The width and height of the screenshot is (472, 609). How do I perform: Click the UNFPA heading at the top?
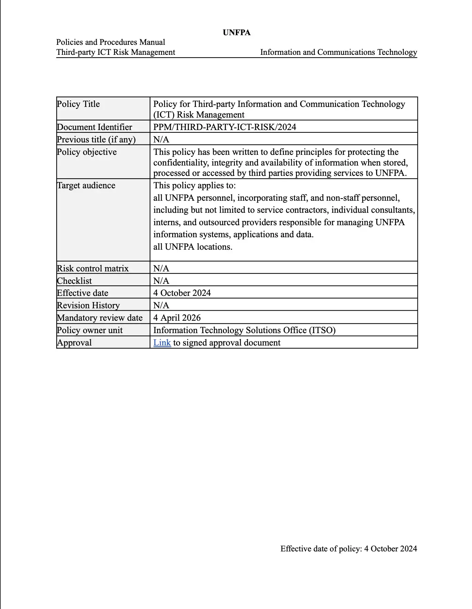click(236, 33)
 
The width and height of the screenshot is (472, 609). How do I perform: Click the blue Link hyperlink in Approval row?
click(162, 342)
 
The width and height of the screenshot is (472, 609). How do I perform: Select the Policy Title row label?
click(78, 104)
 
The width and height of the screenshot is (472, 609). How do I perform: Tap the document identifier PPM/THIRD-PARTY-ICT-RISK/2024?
click(225, 127)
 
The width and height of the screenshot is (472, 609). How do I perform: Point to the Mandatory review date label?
click(100, 318)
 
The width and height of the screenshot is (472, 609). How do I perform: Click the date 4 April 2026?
click(177, 318)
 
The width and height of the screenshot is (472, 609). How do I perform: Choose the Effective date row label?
click(83, 293)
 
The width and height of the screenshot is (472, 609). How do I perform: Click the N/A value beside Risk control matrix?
click(161, 268)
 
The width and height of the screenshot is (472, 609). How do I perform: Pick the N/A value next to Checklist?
click(161, 281)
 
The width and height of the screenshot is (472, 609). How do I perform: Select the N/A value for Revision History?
click(161, 305)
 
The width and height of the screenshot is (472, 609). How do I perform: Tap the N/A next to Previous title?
click(161, 139)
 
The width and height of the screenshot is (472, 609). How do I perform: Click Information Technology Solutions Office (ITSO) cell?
click(244, 330)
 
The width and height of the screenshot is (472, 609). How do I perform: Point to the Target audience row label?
click(86, 186)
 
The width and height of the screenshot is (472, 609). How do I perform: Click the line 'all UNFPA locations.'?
click(193, 247)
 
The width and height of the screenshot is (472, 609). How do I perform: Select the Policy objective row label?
click(87, 152)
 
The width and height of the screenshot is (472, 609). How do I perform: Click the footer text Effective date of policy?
click(348, 549)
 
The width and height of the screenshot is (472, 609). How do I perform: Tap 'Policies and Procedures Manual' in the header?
click(111, 42)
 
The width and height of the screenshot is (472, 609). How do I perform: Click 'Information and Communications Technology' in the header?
click(338, 52)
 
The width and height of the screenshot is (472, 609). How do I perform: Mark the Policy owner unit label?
click(90, 330)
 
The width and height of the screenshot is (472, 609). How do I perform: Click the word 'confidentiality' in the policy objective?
click(177, 162)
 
